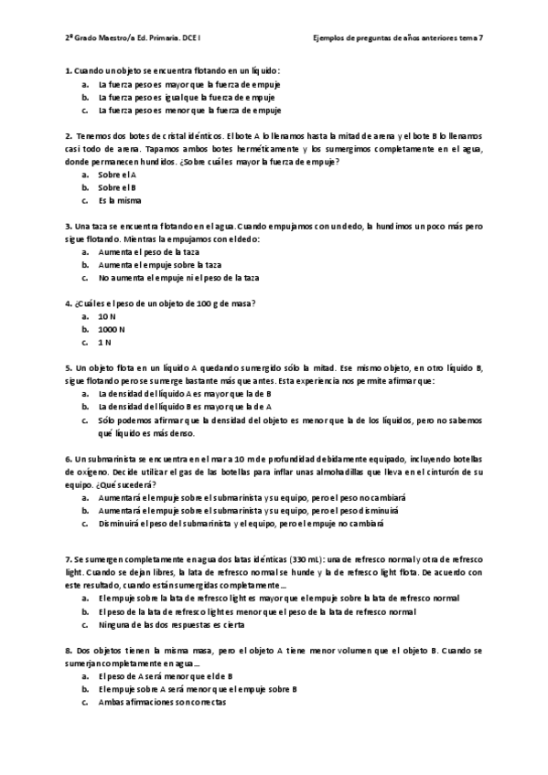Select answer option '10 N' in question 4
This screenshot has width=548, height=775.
[x=107, y=315]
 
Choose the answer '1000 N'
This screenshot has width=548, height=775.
[x=112, y=328]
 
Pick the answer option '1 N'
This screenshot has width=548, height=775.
[x=105, y=342]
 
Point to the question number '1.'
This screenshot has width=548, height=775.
[x=69, y=70]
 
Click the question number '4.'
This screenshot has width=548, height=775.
[x=69, y=303]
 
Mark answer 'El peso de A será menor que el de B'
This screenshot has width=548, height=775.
[x=166, y=676]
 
